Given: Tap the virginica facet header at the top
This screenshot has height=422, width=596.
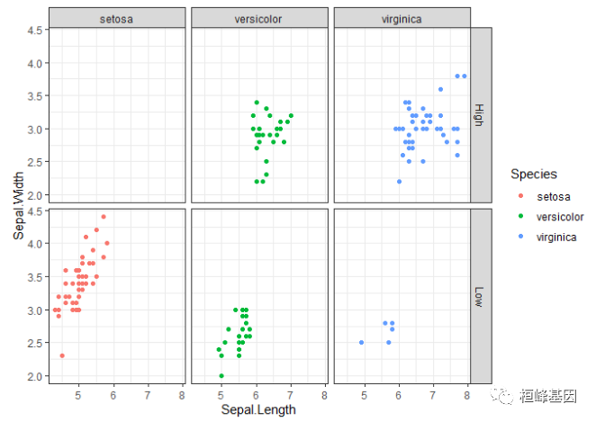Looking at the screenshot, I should pyautogui.click(x=402, y=18).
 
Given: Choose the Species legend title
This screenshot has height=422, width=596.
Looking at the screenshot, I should pyautogui.click(x=533, y=173).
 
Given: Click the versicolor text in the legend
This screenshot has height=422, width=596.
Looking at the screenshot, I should pyautogui.click(x=560, y=217).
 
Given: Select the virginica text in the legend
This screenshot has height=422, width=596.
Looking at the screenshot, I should pyautogui.click(x=556, y=238).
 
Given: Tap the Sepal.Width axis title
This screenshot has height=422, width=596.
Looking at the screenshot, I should pyautogui.click(x=19, y=206).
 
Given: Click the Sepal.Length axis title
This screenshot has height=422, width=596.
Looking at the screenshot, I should pyautogui.click(x=259, y=409).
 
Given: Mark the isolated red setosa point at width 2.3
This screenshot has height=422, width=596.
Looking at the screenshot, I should pyautogui.click(x=62, y=355).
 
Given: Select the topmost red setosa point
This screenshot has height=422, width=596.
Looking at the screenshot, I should pyautogui.click(x=104, y=217).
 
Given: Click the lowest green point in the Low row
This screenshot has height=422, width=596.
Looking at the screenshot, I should pyautogui.click(x=221, y=375).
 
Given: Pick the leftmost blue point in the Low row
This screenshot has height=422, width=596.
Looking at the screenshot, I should pyautogui.click(x=361, y=343).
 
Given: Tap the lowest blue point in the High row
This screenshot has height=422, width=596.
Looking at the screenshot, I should pyautogui.click(x=399, y=182).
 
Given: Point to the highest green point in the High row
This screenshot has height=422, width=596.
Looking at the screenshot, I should pyautogui.click(x=257, y=103).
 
